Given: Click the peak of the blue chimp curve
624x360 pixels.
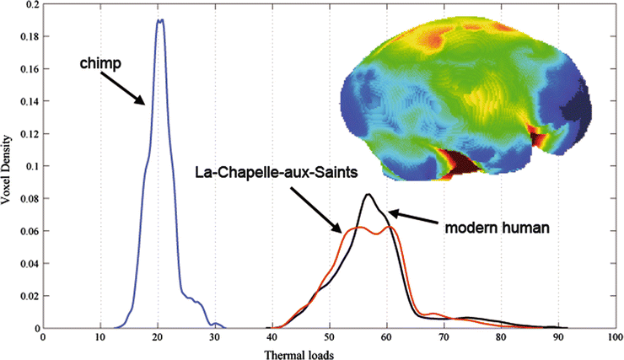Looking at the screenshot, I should [159, 19].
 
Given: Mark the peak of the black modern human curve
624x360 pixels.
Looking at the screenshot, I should [368, 195].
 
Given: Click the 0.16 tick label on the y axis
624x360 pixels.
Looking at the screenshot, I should [28, 69].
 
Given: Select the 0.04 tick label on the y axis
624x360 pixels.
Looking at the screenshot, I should [28, 263].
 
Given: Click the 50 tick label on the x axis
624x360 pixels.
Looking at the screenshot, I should [330, 337].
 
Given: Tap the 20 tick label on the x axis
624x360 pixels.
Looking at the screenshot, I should [158, 337].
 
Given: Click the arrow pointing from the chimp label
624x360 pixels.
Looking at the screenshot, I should [126, 87].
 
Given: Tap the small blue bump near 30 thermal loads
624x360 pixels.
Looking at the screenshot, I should [217, 324].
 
